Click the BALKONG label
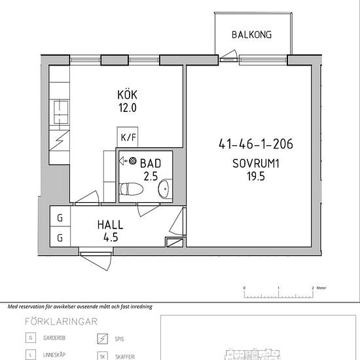[x=251, y=35]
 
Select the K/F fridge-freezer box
[x=127, y=137]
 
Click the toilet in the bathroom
[x=132, y=189]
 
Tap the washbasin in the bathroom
[x=164, y=189]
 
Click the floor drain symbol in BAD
[x=132, y=160]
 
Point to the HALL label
[x=110, y=225]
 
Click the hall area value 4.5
[x=110, y=237]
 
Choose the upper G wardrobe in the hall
[x=60, y=218]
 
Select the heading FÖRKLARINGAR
[x=61, y=321]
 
